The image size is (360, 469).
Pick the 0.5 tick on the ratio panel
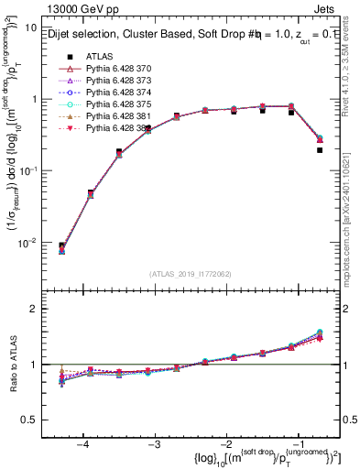[36, 419]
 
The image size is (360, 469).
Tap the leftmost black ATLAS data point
[61, 245]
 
